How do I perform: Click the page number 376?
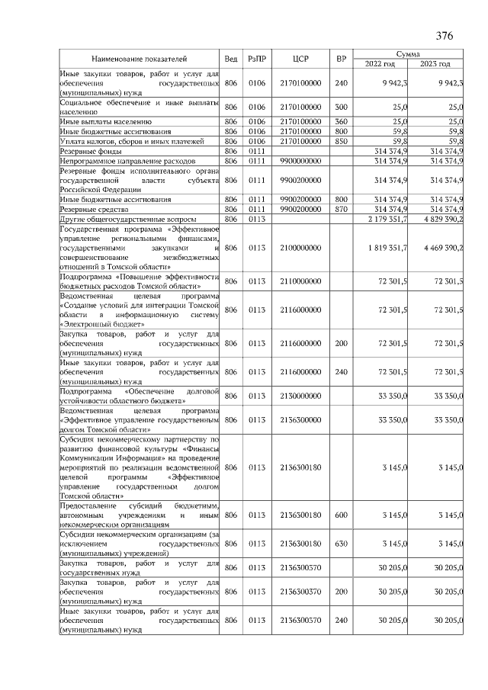(x=445, y=36)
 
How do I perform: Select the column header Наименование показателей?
(x=140, y=59)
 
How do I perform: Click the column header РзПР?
(x=257, y=59)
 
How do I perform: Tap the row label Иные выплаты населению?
(x=106, y=121)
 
